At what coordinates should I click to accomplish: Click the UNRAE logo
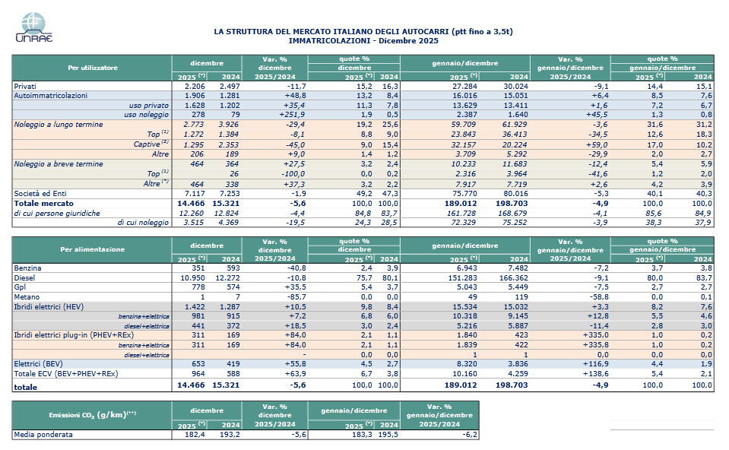tap(33, 29)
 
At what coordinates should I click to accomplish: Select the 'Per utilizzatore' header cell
tap(92, 68)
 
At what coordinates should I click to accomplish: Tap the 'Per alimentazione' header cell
tap(92, 249)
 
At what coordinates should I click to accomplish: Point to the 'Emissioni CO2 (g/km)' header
tap(92, 414)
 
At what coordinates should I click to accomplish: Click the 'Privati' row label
tap(26, 87)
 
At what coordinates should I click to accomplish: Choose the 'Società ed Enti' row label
tap(40, 194)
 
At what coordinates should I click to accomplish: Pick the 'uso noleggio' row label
tap(145, 114)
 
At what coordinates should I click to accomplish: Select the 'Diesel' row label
tap(24, 277)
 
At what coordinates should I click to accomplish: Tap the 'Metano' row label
tap(27, 296)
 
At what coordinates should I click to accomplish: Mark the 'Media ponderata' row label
tap(43, 435)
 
